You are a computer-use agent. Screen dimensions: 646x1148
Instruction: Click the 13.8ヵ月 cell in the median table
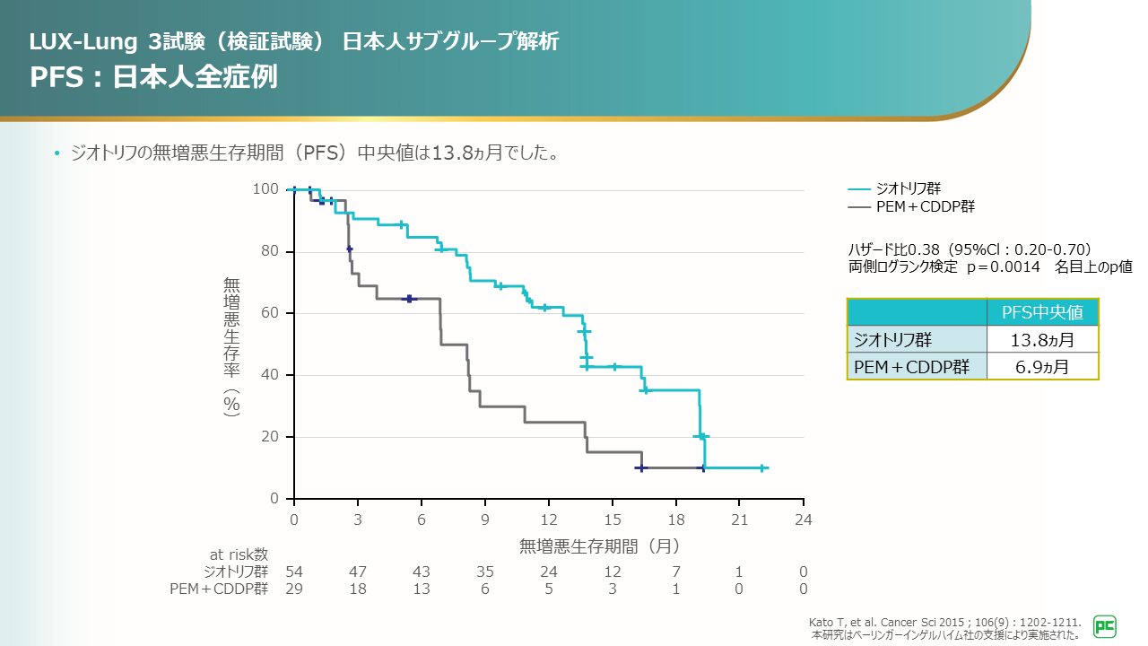tap(1042, 340)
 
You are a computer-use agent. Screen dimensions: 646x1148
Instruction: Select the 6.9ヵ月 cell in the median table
tap(1042, 366)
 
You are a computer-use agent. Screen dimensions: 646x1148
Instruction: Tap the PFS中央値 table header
tap(1042, 312)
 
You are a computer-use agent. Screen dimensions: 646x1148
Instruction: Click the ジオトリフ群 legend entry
tap(908, 188)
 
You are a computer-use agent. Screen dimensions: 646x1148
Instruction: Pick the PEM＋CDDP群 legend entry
tap(924, 206)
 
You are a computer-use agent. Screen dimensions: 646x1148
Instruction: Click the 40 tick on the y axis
tap(271, 375)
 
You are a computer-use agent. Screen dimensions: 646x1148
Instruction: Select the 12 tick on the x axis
tap(549, 520)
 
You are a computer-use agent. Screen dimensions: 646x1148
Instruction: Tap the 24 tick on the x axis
tap(804, 520)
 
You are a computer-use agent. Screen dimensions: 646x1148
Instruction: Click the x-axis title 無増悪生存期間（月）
tap(599, 546)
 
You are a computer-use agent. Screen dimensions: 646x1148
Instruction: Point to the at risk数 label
tap(236, 555)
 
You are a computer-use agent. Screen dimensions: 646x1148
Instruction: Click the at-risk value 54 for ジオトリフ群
tap(293, 572)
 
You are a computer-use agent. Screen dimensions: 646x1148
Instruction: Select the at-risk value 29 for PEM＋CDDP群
tap(293, 589)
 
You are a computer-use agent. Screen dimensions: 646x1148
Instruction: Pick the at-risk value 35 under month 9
tap(485, 572)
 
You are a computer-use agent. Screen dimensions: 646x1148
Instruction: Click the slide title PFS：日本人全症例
tap(153, 76)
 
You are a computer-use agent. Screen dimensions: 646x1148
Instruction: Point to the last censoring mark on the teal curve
tap(761, 467)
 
